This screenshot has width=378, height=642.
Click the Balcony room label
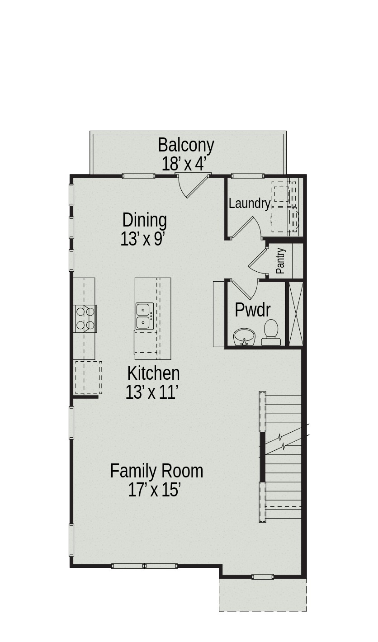tap(186, 145)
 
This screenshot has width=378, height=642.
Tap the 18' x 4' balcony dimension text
tap(184, 164)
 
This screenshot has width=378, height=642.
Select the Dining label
tap(145, 220)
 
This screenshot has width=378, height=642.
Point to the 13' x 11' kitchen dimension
tap(152, 392)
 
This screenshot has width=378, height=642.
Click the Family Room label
tap(156, 471)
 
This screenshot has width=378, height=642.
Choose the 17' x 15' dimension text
tap(155, 490)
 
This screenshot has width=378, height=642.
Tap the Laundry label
tap(249, 203)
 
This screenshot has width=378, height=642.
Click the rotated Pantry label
tap(280, 261)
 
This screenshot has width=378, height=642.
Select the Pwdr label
tap(253, 310)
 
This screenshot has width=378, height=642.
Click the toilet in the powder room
tap(271, 333)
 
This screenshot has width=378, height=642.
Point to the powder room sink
tap(245, 337)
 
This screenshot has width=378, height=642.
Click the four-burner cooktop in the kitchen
tap(85, 318)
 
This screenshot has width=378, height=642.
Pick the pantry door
tap(257, 261)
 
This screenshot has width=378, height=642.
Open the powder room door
tap(243, 289)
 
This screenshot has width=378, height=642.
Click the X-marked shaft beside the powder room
tap(296, 313)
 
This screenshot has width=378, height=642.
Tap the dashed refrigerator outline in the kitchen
tap(88, 378)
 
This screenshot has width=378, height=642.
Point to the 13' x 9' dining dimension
tap(142, 239)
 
